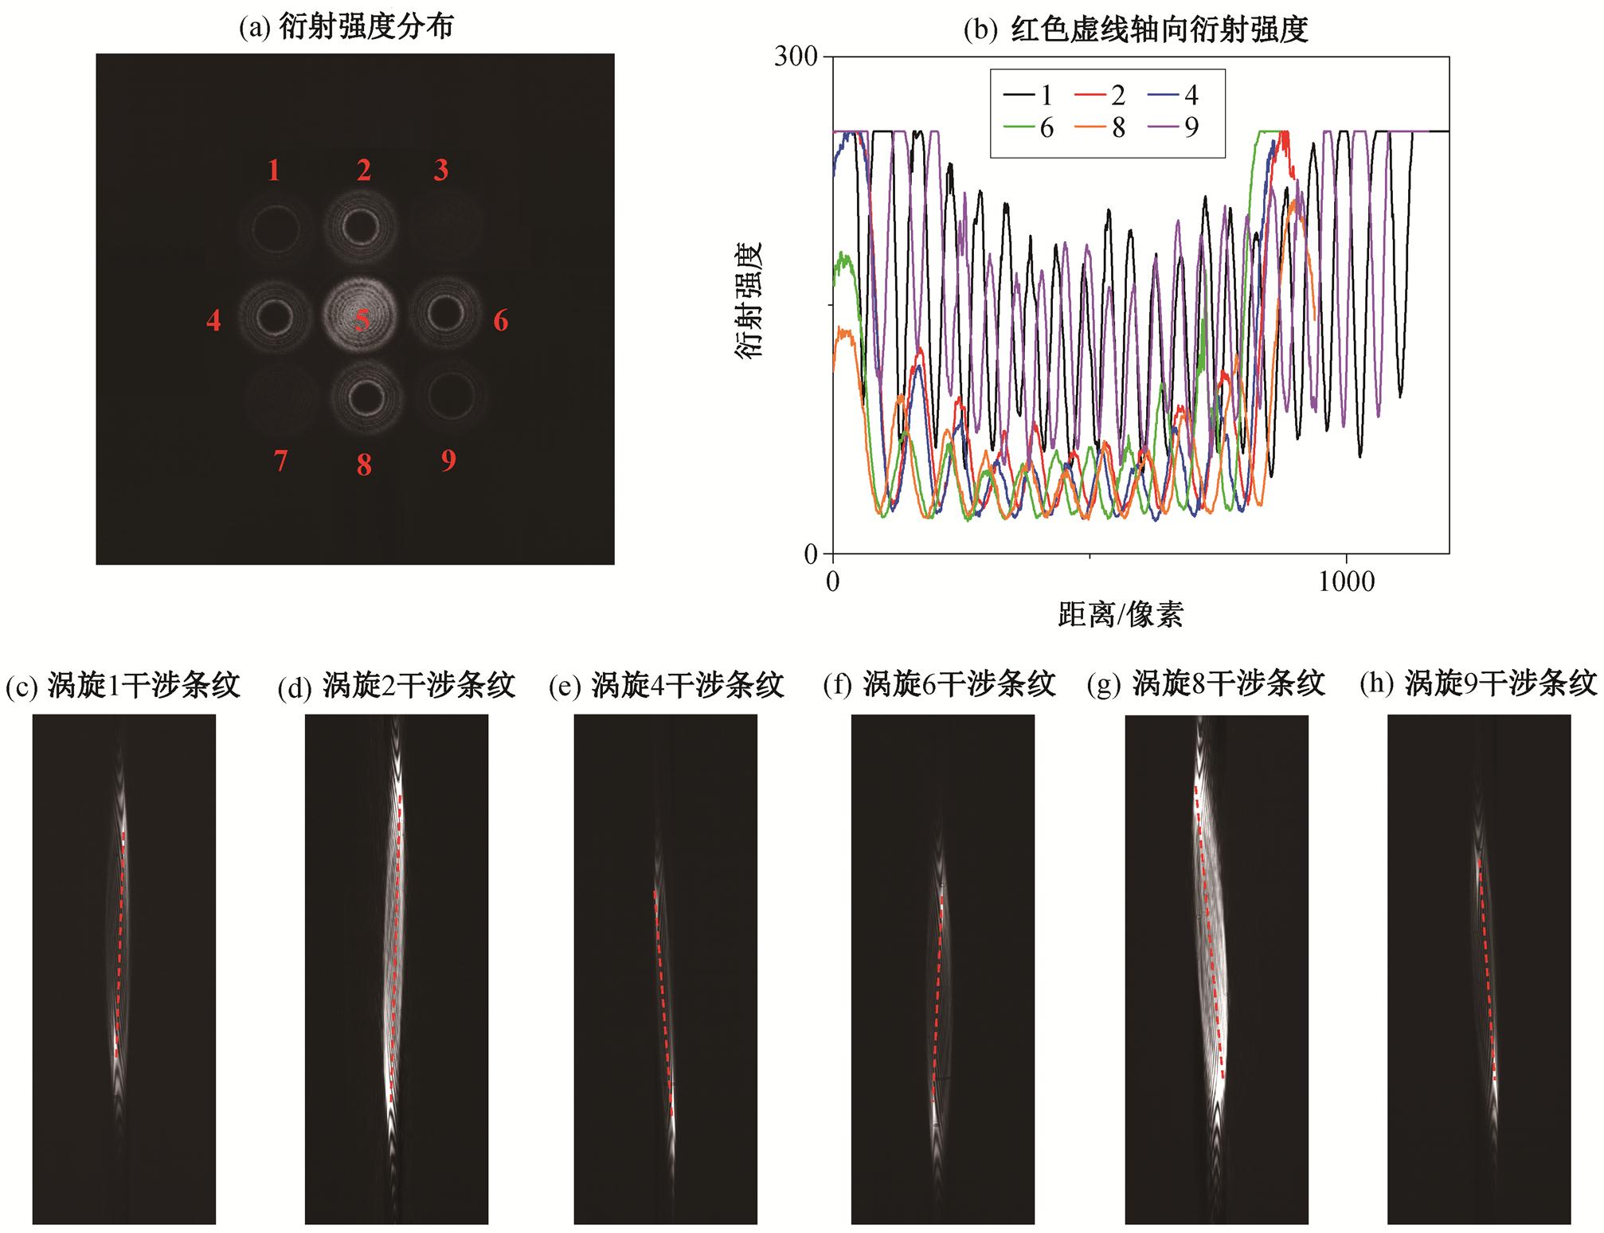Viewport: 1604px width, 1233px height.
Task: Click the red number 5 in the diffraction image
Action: point(362,320)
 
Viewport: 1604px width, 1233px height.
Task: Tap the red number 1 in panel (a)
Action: point(274,170)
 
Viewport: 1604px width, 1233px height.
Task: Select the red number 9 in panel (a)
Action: point(448,460)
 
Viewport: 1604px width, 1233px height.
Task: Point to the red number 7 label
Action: point(280,461)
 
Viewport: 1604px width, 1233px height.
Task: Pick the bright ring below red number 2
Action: point(362,226)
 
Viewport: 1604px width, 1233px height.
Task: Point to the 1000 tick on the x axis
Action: point(1345,582)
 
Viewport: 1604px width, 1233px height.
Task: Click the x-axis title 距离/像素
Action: point(1121,614)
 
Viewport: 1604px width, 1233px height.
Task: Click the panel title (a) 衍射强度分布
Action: point(346,27)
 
